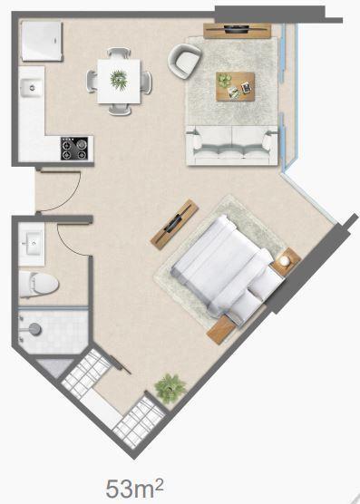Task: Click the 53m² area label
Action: click(x=134, y=488)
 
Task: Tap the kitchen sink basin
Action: click(x=32, y=88)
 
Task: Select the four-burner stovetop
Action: click(x=74, y=149)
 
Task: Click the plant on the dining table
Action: click(x=119, y=79)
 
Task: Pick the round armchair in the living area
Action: click(x=184, y=61)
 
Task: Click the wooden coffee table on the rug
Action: click(x=235, y=86)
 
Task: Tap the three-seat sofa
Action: click(x=232, y=146)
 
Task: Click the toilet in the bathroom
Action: click(x=38, y=284)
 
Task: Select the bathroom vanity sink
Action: click(x=31, y=244)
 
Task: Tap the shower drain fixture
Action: click(x=34, y=329)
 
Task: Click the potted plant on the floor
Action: click(x=170, y=388)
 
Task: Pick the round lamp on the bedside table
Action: click(x=285, y=261)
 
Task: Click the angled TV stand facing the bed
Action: click(x=174, y=224)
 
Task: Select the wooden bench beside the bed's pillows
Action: click(x=221, y=330)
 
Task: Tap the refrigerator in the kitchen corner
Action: click(x=42, y=41)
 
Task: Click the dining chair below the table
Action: click(x=120, y=110)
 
